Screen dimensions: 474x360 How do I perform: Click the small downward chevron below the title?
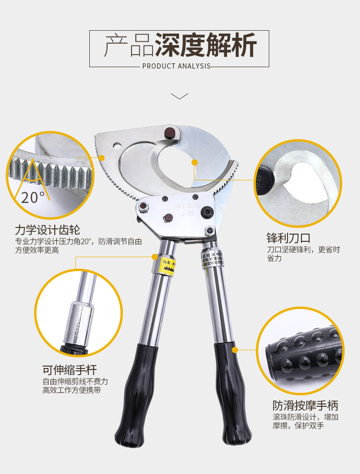click(180, 96)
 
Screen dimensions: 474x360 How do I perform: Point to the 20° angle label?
click(33, 197)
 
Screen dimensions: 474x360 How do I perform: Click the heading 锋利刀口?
click(288, 237)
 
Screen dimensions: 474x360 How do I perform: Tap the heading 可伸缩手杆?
click(70, 369)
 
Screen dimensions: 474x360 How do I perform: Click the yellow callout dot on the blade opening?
click(194, 163)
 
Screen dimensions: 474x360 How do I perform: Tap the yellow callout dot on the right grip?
click(235, 349)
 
